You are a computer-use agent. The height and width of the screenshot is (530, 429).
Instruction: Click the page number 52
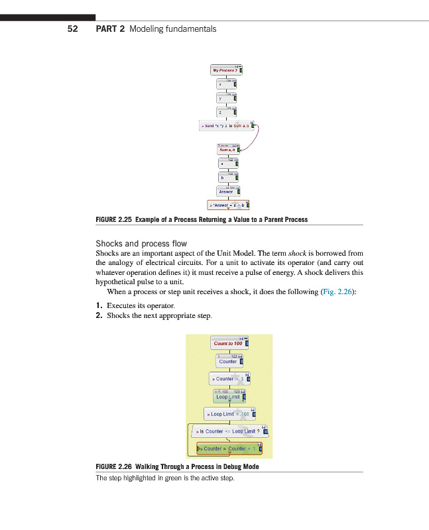pos(73,29)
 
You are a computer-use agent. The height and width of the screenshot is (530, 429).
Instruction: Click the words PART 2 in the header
pos(110,29)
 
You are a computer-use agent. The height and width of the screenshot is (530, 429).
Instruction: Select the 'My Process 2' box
pos(226,70)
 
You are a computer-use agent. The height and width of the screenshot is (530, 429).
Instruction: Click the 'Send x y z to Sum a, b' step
pos(226,125)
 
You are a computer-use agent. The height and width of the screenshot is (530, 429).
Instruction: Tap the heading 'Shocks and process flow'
pos(141,244)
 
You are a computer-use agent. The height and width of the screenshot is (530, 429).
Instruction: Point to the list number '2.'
pos(99,316)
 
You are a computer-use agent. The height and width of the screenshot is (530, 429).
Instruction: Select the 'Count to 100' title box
pos(228,343)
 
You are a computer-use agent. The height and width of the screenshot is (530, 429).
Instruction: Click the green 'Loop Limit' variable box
pos(229,396)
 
